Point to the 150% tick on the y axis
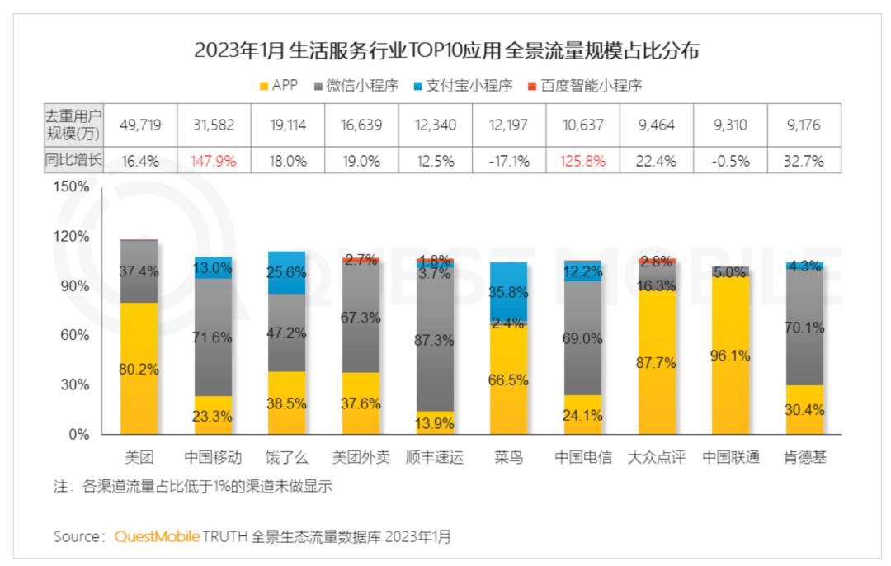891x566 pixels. pos(73,186)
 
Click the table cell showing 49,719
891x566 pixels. pos(139,125)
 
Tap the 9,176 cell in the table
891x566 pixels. pos(804,125)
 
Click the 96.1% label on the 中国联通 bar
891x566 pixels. pos(730,356)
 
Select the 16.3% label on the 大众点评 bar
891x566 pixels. pos(657,285)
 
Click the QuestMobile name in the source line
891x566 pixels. pos(157,536)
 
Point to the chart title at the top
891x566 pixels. pos(445,51)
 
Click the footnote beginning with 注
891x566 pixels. pos(193,486)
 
